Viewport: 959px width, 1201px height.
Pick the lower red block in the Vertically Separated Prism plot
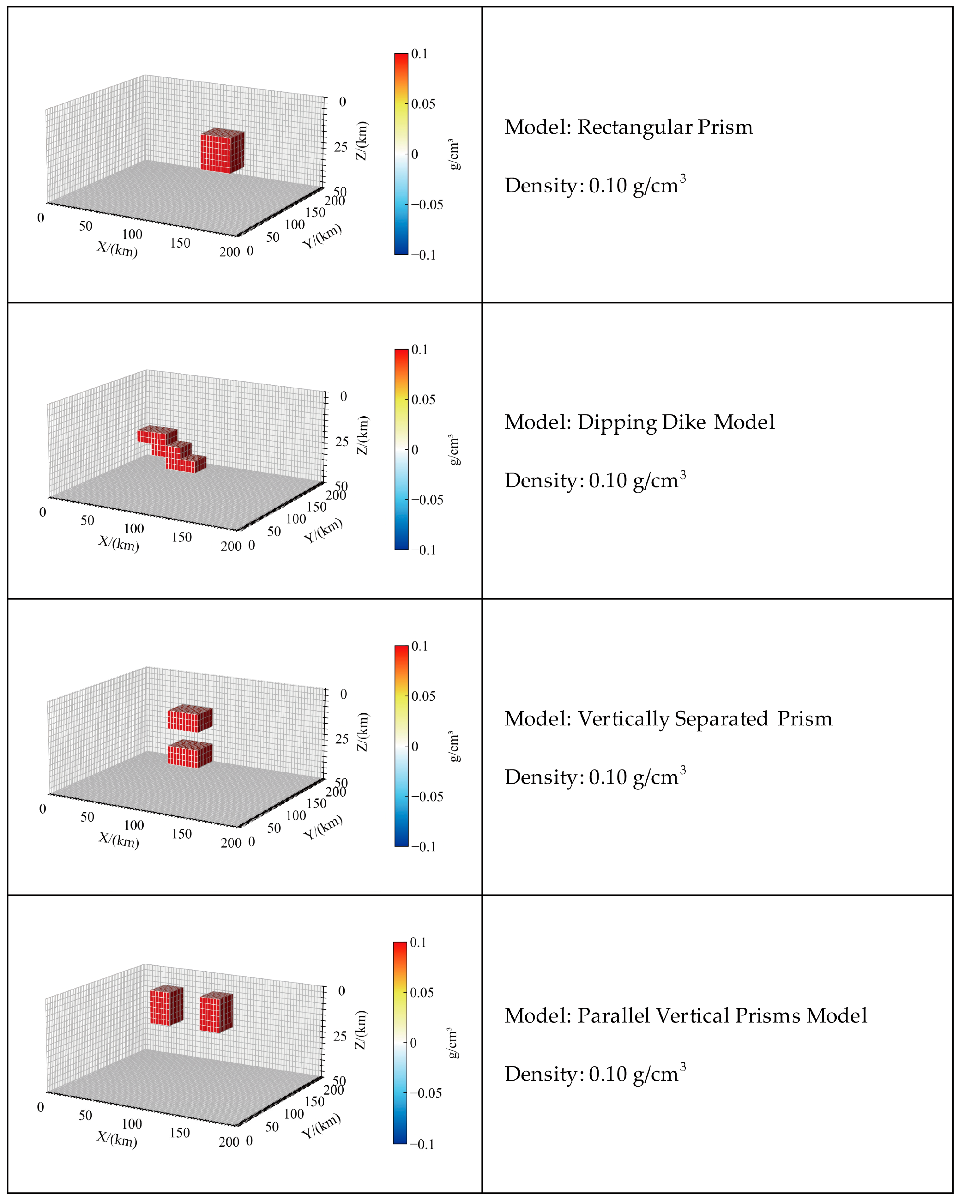190,754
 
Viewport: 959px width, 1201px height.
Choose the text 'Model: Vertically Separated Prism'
668,719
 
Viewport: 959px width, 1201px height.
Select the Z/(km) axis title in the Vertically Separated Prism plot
363,731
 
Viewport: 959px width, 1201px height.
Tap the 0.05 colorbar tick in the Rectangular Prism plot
423,104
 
